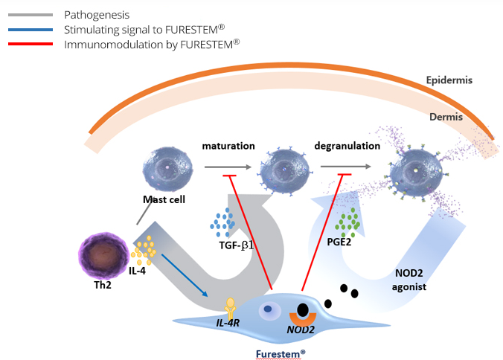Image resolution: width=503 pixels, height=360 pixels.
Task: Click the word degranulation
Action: [347, 146]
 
